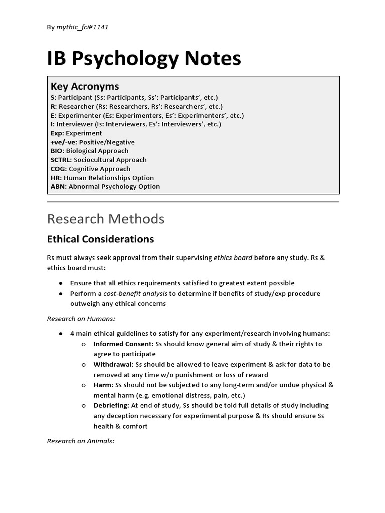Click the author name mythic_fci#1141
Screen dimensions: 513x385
click(82, 27)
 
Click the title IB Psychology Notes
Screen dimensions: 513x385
click(144, 59)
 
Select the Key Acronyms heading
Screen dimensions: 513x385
click(85, 86)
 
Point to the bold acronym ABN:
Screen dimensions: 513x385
click(58, 186)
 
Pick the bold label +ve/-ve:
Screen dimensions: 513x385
click(64, 142)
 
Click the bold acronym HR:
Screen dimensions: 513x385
click(56, 178)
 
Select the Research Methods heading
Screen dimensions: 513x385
click(105, 219)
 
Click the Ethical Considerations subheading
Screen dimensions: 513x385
click(100, 239)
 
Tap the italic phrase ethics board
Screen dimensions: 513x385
click(233, 258)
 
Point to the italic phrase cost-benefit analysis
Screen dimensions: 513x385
click(135, 293)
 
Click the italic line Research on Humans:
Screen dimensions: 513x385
click(81, 318)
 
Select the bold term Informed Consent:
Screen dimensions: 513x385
click(123, 344)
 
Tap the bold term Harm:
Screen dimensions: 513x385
click(103, 385)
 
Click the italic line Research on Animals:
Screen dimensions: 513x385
click(81, 441)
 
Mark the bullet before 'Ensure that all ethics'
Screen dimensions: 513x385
click(60, 283)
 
